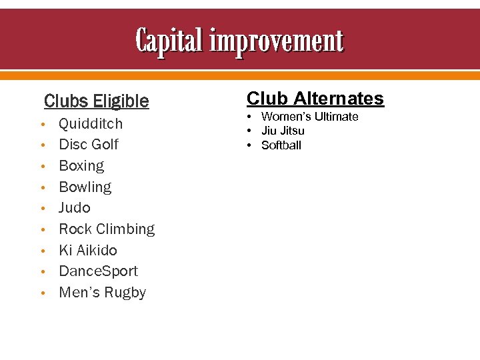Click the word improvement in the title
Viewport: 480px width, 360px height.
pyautogui.click(x=277, y=42)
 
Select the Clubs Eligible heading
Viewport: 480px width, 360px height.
pyautogui.click(x=97, y=101)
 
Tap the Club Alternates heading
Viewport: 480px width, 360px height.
pyautogui.click(x=315, y=99)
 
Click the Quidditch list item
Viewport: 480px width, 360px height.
pyautogui.click(x=91, y=123)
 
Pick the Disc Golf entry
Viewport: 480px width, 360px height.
pyautogui.click(x=89, y=145)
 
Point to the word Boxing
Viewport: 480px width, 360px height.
pyautogui.click(x=81, y=166)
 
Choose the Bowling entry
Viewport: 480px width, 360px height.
pyautogui.click(x=85, y=187)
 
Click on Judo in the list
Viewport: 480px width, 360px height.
pyautogui.click(x=74, y=208)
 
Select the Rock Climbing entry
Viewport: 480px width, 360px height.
pyautogui.click(x=107, y=229)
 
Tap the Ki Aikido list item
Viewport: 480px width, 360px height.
pyautogui.click(x=87, y=251)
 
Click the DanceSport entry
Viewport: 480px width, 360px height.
pyautogui.click(x=98, y=271)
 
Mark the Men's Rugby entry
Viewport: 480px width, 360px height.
pyautogui.click(x=102, y=293)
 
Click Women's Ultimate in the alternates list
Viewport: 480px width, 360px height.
pyautogui.click(x=309, y=117)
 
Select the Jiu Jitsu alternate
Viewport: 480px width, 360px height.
pyautogui.click(x=283, y=131)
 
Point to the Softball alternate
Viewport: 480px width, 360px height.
pyautogui.click(x=281, y=145)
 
